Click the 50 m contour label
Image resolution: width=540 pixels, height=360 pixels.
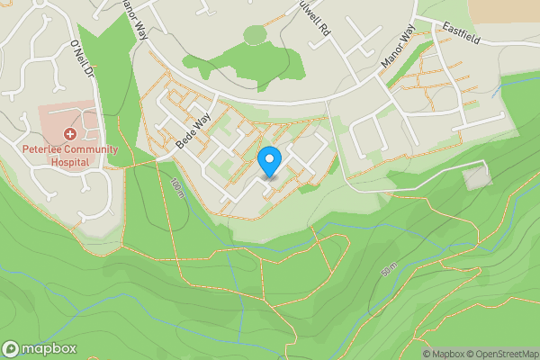(390, 269)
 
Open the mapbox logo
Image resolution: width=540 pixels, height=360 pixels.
(40, 349)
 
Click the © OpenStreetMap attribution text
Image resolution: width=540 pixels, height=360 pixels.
(496, 354)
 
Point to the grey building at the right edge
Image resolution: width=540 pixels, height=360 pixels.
(478, 177)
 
